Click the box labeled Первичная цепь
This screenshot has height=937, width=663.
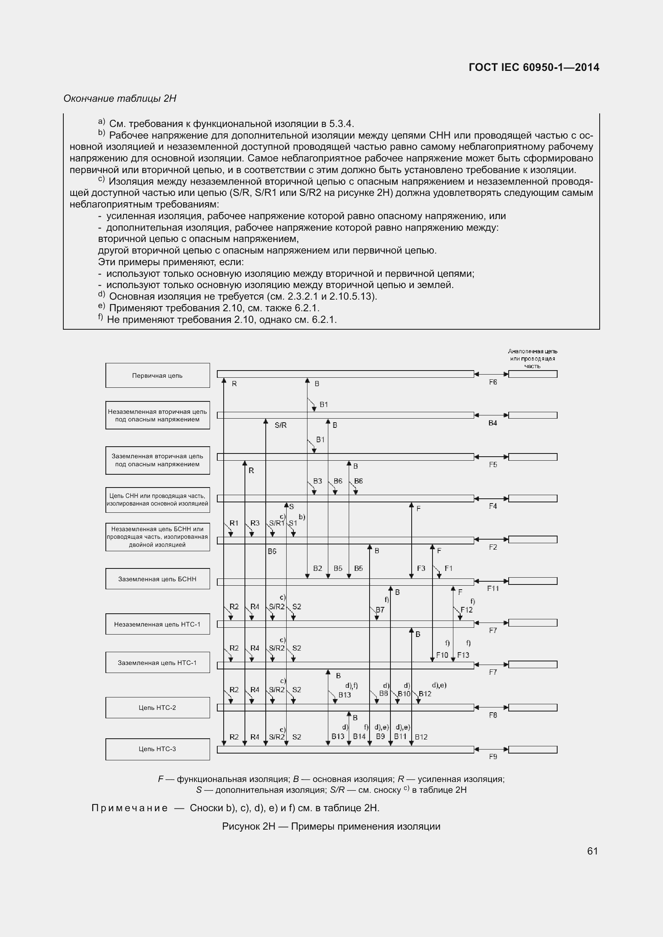[158, 375]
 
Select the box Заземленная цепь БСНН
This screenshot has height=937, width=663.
[158, 579]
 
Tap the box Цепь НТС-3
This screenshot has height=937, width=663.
[158, 749]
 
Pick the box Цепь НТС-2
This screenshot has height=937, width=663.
[158, 707]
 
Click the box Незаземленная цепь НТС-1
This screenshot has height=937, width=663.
[158, 624]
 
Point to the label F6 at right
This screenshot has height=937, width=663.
[493, 383]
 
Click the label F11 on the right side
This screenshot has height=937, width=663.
[493, 588]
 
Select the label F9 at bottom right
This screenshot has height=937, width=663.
[493, 757]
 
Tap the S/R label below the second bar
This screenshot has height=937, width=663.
[281, 425]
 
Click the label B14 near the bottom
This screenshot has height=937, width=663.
[359, 737]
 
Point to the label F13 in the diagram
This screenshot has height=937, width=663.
[463, 655]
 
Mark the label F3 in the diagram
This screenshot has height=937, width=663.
[421, 568]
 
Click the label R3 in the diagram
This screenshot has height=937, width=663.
[255, 523]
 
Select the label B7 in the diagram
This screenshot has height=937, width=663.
[380, 610]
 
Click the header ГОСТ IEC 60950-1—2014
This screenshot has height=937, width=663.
[534, 67]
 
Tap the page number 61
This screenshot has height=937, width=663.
[592, 851]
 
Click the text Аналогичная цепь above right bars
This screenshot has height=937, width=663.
[532, 351]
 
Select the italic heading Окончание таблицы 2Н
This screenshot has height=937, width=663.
[120, 99]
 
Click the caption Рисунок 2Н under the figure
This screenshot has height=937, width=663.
[331, 826]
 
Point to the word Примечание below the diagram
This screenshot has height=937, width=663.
[129, 808]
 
